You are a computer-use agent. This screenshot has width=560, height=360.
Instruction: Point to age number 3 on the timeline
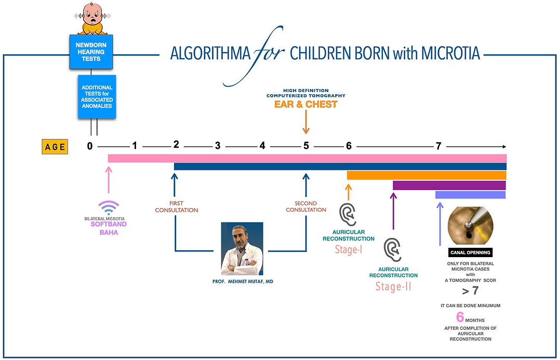[x=218, y=146]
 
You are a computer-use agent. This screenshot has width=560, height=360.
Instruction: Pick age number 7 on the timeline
[x=439, y=146]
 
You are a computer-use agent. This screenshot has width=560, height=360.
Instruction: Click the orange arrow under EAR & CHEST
[x=306, y=124]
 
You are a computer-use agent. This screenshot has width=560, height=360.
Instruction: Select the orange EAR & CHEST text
[x=306, y=104]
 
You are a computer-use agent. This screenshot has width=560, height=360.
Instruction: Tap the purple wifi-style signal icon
[x=109, y=208]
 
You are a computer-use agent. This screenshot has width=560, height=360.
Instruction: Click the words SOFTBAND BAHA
[x=109, y=229]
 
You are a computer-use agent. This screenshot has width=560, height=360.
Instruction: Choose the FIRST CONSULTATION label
[x=177, y=207]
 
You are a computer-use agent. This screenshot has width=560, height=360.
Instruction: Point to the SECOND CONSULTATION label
[x=306, y=206]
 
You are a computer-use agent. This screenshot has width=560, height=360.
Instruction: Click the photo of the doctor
[x=242, y=249]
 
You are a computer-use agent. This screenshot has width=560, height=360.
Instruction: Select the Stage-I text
[x=349, y=250]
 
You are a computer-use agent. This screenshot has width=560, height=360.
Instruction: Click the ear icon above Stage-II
[x=393, y=250]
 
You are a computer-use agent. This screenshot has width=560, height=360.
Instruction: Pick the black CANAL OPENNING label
[x=470, y=253]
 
